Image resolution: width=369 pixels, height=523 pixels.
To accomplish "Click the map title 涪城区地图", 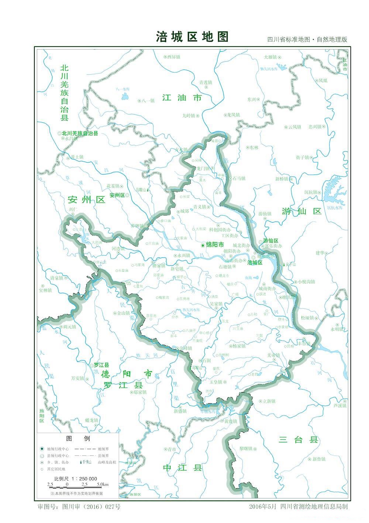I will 192,37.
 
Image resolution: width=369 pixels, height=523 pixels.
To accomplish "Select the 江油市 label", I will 182,98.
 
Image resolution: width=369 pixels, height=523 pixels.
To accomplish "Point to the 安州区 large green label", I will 87,200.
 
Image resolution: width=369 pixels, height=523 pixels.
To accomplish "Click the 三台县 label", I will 298,439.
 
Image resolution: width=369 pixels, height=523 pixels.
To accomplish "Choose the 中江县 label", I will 183,468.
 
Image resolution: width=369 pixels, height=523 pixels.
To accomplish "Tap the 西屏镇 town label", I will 173,57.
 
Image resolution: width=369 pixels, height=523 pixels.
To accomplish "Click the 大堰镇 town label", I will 270,57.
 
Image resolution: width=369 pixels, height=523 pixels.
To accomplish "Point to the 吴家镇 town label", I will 216,304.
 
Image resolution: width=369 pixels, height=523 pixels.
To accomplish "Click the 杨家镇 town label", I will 239,346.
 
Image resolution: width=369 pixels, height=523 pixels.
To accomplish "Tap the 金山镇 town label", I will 124,313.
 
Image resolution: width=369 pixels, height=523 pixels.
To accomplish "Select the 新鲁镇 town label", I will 319,459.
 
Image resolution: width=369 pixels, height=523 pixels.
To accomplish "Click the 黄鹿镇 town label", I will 231,421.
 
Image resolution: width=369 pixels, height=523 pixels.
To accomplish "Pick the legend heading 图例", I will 77,438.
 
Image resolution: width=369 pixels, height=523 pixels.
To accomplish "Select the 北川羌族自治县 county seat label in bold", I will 80,133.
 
